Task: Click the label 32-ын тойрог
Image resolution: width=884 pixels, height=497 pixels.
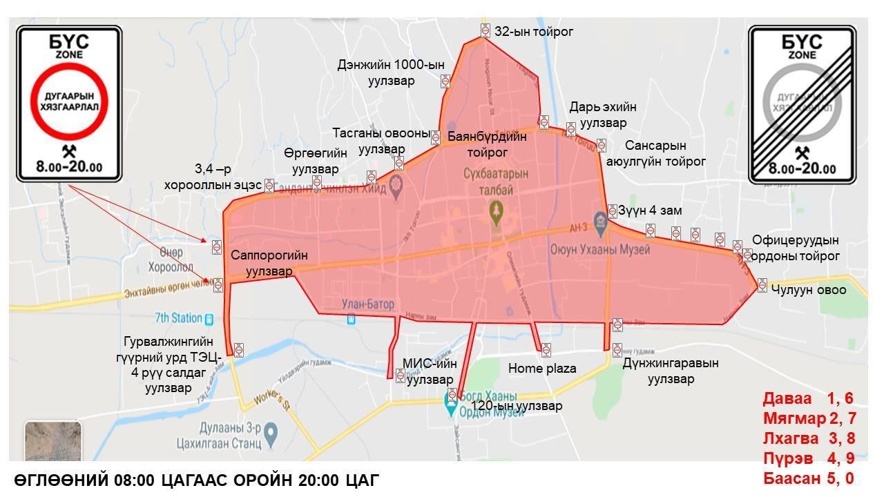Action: pyautogui.click(x=534, y=32)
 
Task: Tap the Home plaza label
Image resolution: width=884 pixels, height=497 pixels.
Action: pyautogui.click(x=542, y=369)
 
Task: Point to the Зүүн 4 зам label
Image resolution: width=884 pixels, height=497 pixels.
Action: pyautogui.click(x=650, y=211)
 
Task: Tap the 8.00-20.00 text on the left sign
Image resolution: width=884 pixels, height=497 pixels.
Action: pyautogui.click(x=69, y=167)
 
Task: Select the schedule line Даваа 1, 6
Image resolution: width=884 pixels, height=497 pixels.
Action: pyautogui.click(x=808, y=398)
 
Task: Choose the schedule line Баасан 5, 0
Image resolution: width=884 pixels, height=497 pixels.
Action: pyautogui.click(x=808, y=478)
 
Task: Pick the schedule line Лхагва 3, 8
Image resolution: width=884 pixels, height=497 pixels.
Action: pyautogui.click(x=808, y=438)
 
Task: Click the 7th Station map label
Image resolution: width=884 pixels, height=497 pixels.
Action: pyautogui.click(x=178, y=318)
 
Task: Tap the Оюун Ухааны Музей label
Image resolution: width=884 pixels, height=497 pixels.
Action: pyautogui.click(x=600, y=250)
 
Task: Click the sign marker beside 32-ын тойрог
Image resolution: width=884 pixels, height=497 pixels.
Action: pyautogui.click(x=486, y=30)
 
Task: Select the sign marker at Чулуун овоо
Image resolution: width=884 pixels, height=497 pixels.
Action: pyautogui.click(x=762, y=284)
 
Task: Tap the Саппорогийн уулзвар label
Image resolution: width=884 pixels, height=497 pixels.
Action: pyautogui.click(x=269, y=263)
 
